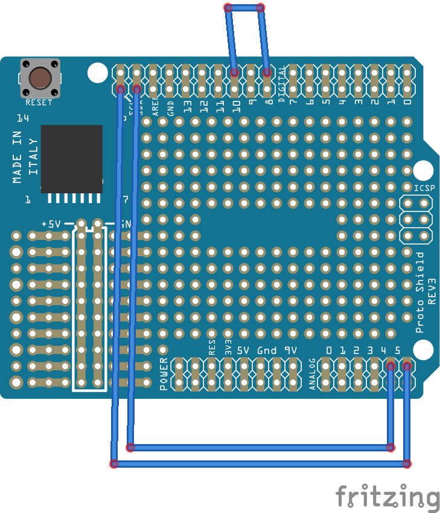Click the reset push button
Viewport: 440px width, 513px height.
coord(40,78)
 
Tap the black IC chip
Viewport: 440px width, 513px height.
coord(71,159)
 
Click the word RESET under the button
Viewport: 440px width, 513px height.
coord(39,103)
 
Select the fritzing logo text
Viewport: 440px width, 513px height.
coord(387,497)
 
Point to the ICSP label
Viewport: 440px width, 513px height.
coord(421,189)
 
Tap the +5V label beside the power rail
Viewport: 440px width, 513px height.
coord(51,224)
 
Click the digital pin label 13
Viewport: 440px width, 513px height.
coord(188,108)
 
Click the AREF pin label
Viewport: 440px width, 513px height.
coord(155,106)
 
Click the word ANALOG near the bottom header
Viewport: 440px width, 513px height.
coord(312,375)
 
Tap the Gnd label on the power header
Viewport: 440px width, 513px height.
coord(267,350)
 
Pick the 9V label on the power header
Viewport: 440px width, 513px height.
coord(290,350)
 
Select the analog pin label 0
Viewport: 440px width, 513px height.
coord(329,350)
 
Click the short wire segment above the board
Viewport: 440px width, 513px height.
coord(244,8)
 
